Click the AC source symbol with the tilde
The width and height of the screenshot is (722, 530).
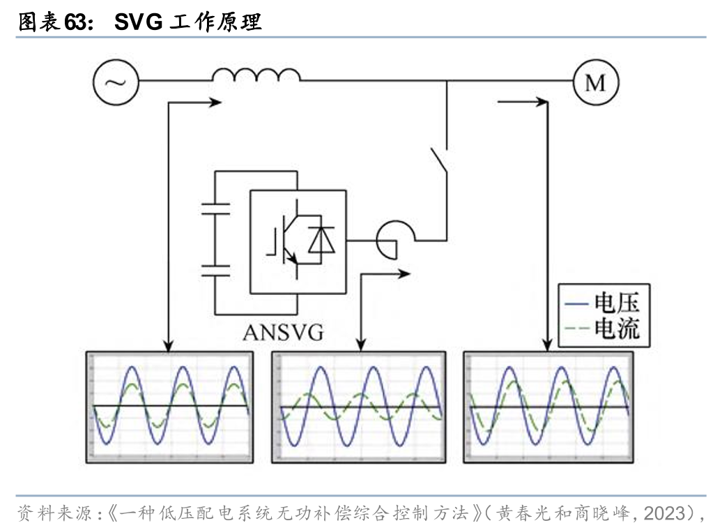click(x=115, y=82)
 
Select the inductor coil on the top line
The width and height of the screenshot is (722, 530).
click(x=256, y=75)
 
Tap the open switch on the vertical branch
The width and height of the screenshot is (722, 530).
click(x=438, y=160)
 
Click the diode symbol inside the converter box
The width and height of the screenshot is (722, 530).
click(x=321, y=239)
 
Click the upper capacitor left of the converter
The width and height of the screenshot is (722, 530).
click(x=215, y=207)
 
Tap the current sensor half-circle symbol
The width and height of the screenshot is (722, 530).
click(x=388, y=240)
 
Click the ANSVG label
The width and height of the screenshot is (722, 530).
click(x=283, y=332)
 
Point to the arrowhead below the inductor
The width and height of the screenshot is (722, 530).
click(x=215, y=103)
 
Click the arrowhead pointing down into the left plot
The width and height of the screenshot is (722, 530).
click(x=167, y=344)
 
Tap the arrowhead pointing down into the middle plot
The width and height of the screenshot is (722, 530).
click(x=360, y=344)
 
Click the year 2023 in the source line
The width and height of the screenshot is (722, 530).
click(x=664, y=514)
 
